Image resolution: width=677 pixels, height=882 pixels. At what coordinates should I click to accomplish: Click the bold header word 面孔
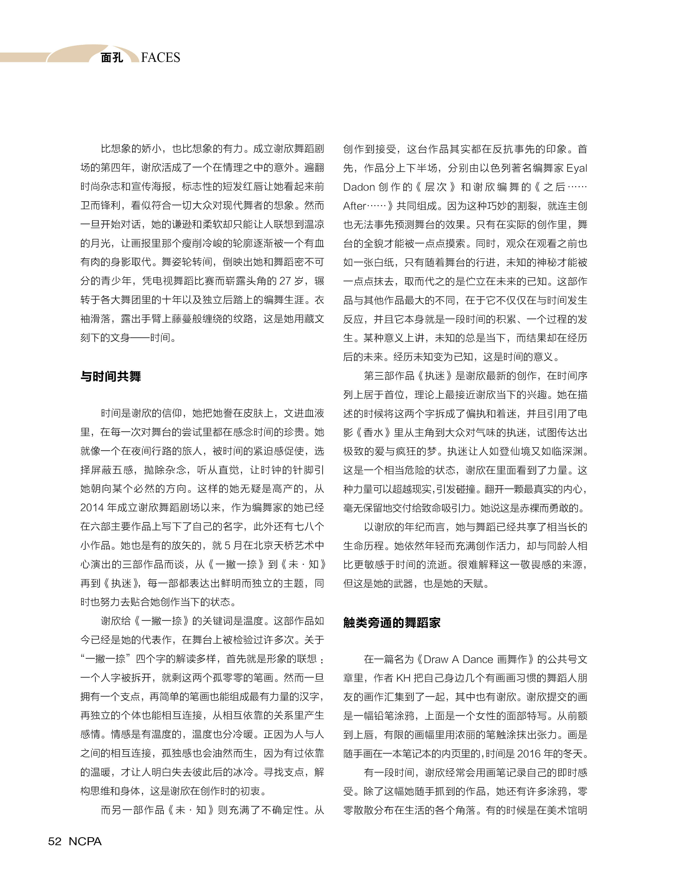(112, 58)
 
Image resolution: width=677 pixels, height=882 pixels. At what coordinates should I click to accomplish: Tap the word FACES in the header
(161, 58)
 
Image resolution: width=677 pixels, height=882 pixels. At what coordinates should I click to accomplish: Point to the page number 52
(55, 841)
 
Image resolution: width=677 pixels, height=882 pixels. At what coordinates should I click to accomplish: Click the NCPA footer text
(85, 841)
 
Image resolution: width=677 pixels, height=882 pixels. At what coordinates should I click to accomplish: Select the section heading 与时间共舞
(110, 377)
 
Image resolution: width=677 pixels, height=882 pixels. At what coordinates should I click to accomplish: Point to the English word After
(354, 206)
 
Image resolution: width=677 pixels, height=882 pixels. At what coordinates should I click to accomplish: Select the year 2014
(92, 508)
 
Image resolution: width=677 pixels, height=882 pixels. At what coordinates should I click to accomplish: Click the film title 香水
(373, 433)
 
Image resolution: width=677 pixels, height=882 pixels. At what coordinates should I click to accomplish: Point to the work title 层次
(436, 187)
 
